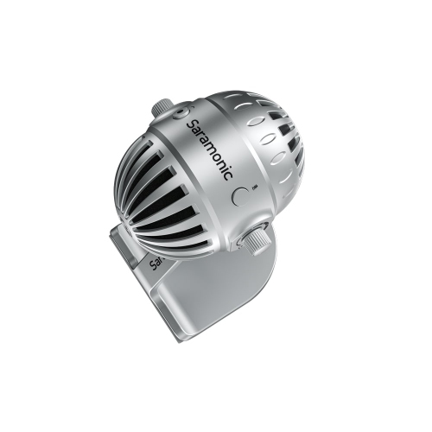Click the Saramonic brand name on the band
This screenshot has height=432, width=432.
208,149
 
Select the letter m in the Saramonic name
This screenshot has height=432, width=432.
207,148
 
